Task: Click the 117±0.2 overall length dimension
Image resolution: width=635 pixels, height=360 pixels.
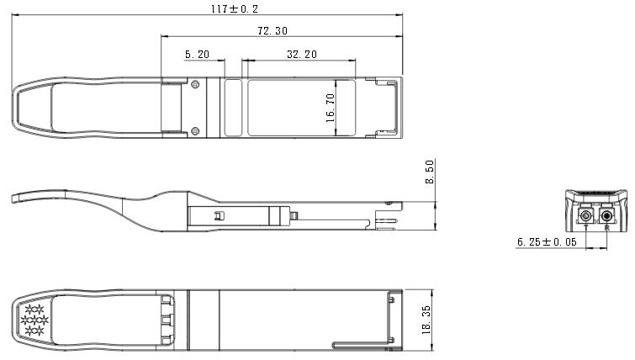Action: [x=235, y=8]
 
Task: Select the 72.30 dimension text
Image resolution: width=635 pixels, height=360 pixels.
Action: [x=273, y=30]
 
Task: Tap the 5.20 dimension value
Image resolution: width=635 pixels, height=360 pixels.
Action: [x=197, y=55]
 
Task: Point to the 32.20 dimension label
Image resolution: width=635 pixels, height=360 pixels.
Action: [x=302, y=55]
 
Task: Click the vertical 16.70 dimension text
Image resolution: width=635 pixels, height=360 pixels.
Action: [x=331, y=109]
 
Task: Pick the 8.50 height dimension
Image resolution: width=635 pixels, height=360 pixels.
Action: [x=430, y=172]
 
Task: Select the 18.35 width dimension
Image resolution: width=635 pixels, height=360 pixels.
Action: [x=426, y=320]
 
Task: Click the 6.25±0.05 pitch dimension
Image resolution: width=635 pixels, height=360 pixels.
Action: [x=547, y=242]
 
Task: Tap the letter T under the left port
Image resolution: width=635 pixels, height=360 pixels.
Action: [x=586, y=228]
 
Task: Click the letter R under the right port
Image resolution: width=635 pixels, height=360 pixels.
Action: [x=606, y=228]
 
